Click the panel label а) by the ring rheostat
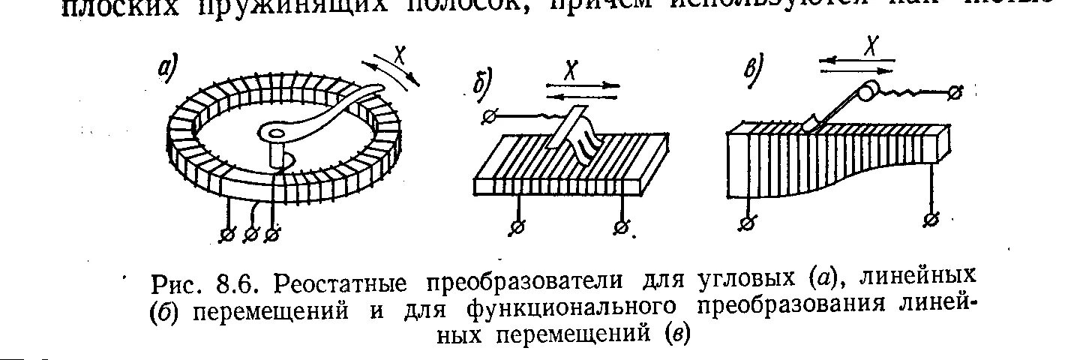click(x=164, y=68)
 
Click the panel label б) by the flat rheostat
click(x=484, y=80)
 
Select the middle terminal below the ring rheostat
click(x=250, y=235)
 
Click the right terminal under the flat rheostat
click(x=622, y=227)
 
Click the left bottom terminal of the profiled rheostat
click(x=746, y=223)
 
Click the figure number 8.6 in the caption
click(x=235, y=283)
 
